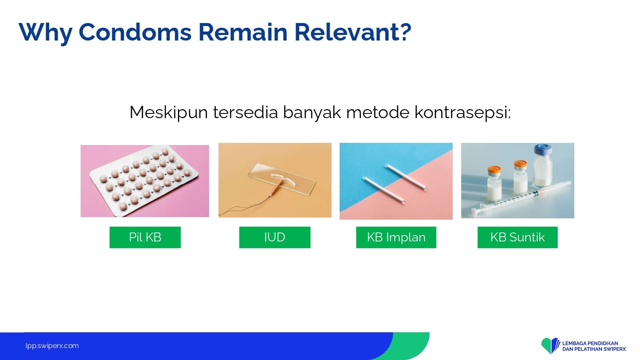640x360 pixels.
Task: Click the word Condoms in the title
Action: (135, 32)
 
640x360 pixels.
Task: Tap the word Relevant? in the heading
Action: (353, 32)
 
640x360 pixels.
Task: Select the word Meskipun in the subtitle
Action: (169, 113)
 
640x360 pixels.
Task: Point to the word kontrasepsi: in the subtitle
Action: (463, 113)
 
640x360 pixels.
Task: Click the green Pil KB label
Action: (145, 238)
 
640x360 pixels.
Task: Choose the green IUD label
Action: (275, 238)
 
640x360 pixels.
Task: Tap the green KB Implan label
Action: (396, 238)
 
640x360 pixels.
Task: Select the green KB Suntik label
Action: (518, 238)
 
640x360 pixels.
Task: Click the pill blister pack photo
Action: (145, 181)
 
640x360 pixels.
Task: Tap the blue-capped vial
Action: (542, 166)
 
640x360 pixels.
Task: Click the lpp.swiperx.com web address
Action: (52, 346)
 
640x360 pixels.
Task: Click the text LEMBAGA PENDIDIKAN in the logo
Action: (590, 343)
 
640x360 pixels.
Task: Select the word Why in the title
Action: (45, 33)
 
